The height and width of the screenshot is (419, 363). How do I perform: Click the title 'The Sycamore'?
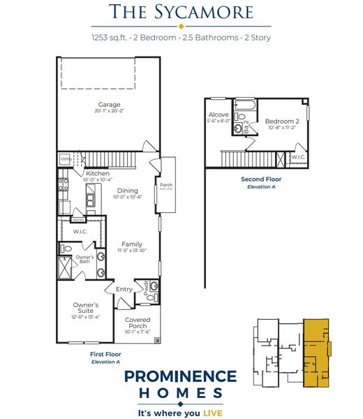coord(181,12)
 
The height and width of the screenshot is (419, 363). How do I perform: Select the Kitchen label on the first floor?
coord(98,173)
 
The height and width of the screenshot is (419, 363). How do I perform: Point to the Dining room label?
coord(127,191)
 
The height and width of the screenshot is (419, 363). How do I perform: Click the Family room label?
coord(131,244)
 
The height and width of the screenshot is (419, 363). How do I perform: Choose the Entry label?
coord(124,288)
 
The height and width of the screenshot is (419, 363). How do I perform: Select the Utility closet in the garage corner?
coord(65,160)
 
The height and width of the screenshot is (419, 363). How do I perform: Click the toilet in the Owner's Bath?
coord(66,248)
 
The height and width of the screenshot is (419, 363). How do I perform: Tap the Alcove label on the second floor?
coord(218,115)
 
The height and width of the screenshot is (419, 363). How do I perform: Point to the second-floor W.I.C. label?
coord(297,157)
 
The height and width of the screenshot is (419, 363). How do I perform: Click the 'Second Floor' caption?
coord(258,179)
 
